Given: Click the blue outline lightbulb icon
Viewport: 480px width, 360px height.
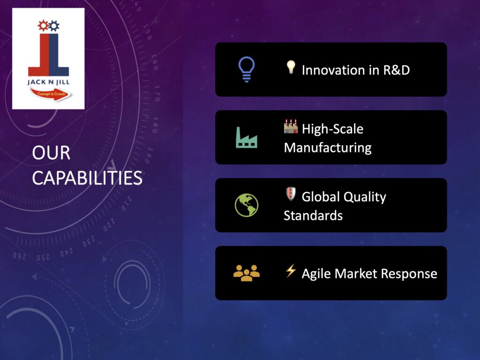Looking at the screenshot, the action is (247, 69).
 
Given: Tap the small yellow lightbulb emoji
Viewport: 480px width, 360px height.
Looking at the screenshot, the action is (291, 67).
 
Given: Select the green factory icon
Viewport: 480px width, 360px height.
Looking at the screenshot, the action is (247, 137).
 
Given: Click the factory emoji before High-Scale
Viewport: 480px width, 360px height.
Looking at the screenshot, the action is (291, 126).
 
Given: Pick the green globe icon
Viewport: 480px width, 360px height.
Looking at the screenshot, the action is (247, 205).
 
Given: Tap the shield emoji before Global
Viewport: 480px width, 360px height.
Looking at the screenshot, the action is (291, 194).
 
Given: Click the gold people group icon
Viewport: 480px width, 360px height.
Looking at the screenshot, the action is (247, 273).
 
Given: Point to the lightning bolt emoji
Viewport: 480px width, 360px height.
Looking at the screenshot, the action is (291, 270).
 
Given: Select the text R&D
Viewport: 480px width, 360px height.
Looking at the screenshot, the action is (397, 70).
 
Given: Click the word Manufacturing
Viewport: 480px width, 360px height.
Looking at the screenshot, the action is (328, 148).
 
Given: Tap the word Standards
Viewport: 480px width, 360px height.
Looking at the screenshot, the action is (313, 216).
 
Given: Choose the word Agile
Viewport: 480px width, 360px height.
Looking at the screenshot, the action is (316, 274).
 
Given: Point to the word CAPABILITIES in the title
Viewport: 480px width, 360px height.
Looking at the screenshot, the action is (87, 178).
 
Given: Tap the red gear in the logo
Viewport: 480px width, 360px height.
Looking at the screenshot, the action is (43, 26).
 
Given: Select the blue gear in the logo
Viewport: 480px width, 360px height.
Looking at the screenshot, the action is (54, 26).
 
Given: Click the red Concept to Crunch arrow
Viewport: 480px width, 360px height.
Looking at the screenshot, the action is (51, 94).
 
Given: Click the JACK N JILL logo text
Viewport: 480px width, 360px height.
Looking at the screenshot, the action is (48, 82).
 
